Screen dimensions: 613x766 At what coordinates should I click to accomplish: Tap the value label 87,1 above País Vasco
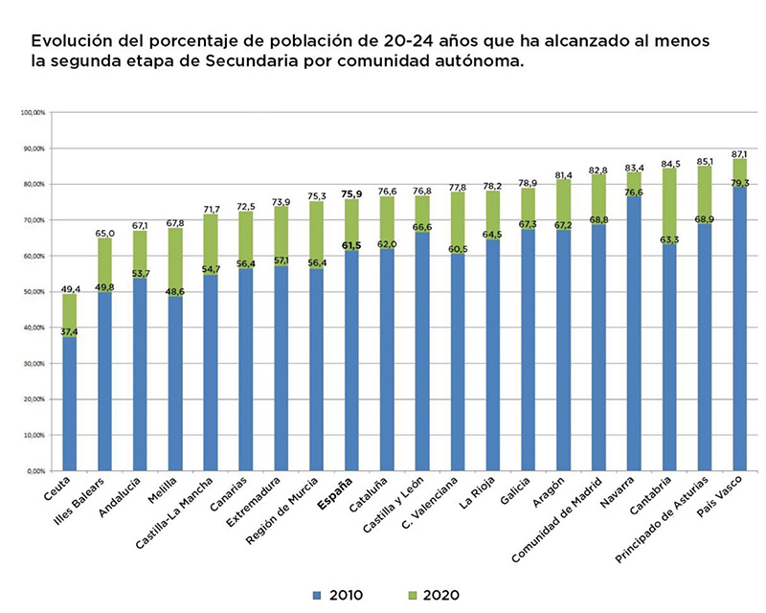pyautogui.click(x=738, y=153)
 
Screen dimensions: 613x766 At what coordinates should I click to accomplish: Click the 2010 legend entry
pyautogui.click(x=334, y=595)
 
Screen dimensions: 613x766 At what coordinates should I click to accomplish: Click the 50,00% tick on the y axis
pyautogui.click(x=34, y=292)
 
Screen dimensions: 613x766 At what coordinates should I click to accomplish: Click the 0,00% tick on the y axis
pyautogui.click(x=34, y=471)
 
